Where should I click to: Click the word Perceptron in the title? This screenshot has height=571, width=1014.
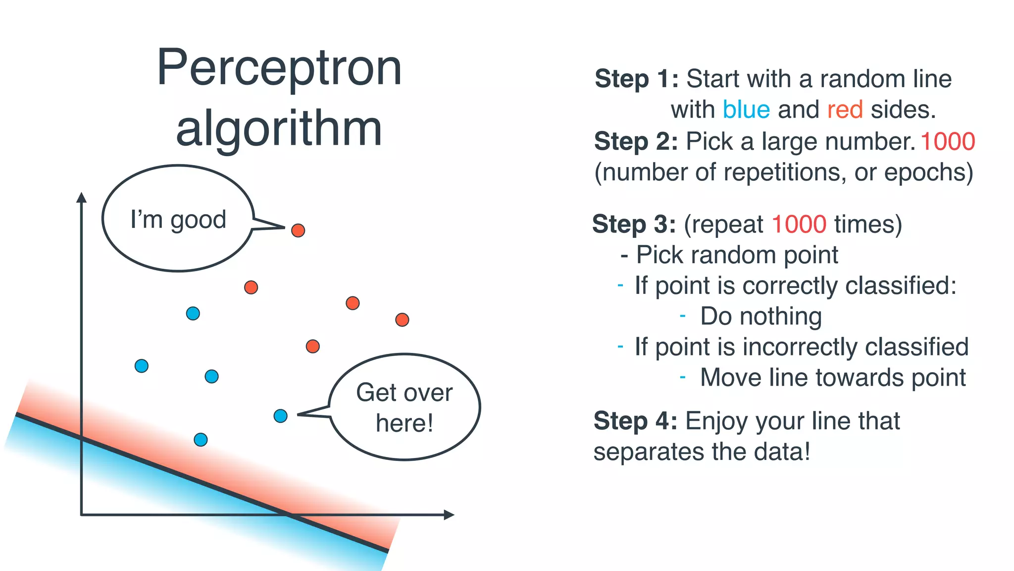click(279, 68)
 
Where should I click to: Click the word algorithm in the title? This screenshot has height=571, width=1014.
click(279, 129)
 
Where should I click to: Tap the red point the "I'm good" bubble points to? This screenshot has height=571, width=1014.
click(298, 230)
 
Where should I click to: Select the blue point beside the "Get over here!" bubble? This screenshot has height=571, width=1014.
click(280, 416)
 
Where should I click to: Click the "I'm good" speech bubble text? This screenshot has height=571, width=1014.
click(178, 220)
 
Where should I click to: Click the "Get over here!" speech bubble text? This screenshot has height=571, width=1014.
click(404, 407)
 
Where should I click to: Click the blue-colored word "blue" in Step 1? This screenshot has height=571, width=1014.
click(746, 110)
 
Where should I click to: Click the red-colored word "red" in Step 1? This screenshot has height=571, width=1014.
click(845, 110)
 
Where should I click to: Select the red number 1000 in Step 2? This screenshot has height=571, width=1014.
click(948, 141)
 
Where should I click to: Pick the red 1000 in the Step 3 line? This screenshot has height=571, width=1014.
click(799, 224)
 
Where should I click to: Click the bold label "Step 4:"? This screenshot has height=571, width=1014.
click(635, 421)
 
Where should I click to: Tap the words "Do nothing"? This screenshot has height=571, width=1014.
click(760, 316)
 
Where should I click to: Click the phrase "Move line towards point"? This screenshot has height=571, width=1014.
click(832, 378)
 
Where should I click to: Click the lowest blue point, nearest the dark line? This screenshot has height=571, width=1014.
click(201, 440)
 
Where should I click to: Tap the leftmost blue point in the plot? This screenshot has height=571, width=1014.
click(142, 366)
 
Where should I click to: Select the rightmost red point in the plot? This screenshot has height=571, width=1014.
click(402, 320)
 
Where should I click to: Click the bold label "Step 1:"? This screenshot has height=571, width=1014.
click(636, 79)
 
